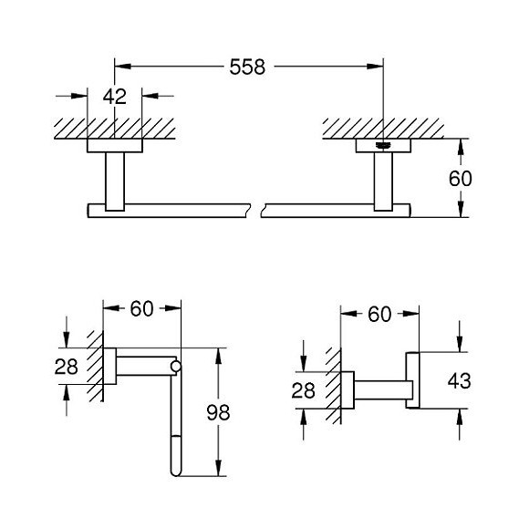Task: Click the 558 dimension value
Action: click(247, 67)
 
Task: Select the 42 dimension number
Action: click(115, 97)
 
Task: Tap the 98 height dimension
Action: click(218, 412)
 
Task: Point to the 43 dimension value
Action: click(459, 381)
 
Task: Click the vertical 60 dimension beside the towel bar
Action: click(461, 179)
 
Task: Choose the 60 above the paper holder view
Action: click(141, 308)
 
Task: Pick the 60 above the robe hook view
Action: click(379, 315)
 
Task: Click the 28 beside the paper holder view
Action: click(66, 367)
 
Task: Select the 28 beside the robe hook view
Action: click(304, 390)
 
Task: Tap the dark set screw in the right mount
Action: click(383, 145)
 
